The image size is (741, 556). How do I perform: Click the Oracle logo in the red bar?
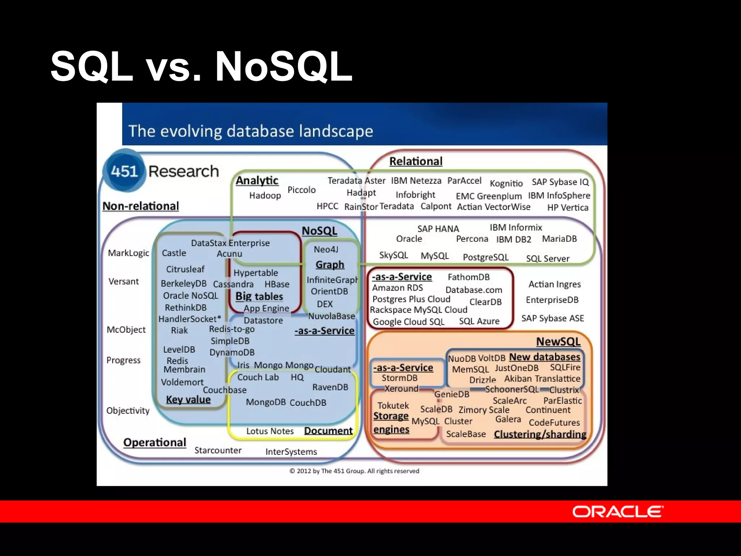618,511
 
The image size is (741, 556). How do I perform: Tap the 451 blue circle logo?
124,171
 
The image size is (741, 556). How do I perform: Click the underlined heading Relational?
416,161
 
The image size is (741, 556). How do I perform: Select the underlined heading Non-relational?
141,206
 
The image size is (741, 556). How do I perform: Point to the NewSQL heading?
558,341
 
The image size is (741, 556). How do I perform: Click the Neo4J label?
326,249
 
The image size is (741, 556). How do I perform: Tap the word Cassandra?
233,284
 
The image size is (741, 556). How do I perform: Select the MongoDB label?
266,402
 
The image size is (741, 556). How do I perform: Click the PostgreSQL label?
486,257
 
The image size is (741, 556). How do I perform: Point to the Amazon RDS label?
397,288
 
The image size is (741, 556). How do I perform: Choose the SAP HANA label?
438,229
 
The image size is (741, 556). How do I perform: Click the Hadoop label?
265,195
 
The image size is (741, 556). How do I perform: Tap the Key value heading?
188,400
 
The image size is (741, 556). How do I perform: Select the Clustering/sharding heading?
540,434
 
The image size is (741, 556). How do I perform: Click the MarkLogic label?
128,253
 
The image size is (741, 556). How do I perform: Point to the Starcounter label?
218,450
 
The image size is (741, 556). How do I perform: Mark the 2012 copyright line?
354,471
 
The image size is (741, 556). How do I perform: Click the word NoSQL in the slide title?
284,67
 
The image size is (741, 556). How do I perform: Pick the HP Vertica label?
568,208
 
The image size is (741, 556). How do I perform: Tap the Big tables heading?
259,296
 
